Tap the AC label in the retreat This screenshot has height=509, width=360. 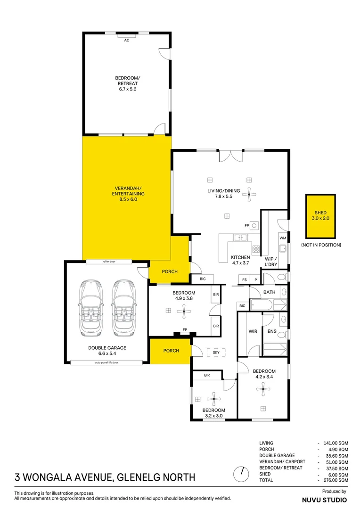pos(126,41)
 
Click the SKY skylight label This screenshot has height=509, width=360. pos(216,352)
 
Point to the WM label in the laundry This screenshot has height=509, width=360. pos(283,238)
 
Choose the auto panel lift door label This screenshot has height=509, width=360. pos(106,363)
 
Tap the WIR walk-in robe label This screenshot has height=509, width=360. pos(253,331)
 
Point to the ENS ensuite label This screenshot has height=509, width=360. pos(272,331)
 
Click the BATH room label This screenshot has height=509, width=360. pos(269,292)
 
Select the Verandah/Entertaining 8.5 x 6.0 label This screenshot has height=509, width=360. pos(128,193)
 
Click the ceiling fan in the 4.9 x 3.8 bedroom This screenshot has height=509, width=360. pos(184,310)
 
